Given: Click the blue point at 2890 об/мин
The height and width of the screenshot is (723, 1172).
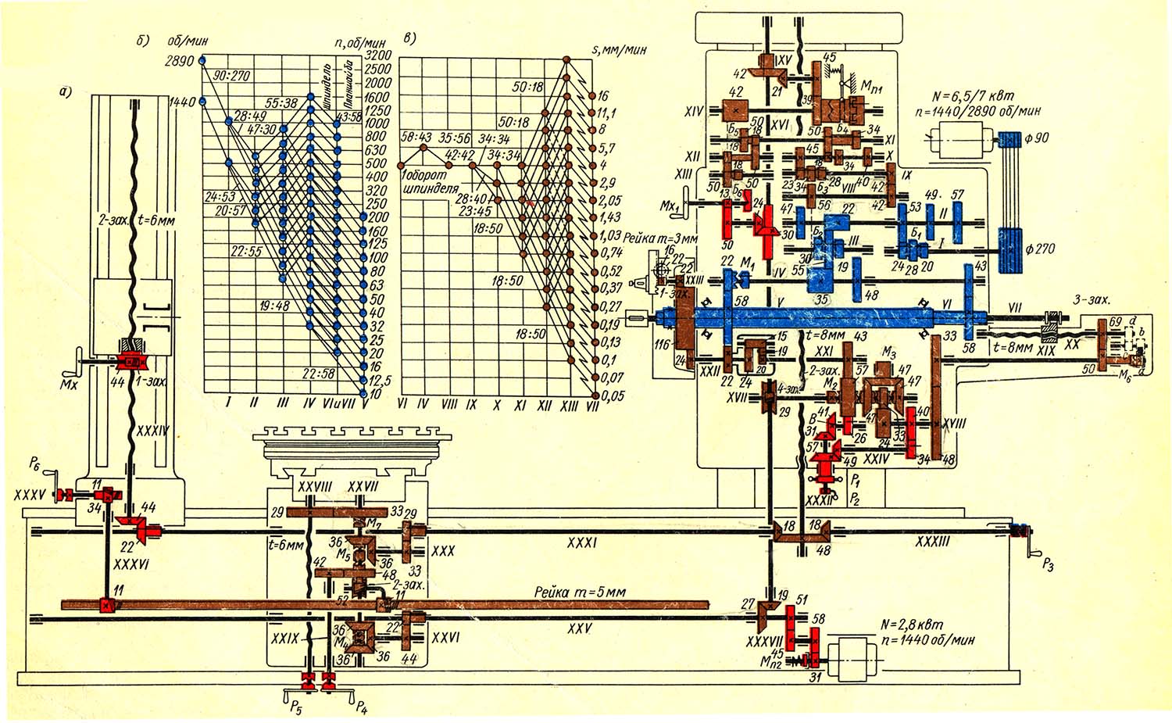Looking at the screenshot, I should click(x=202, y=59).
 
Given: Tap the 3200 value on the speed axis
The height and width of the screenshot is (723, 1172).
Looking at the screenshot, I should click(x=377, y=55).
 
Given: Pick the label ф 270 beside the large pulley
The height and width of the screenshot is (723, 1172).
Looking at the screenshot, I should click(x=1042, y=249).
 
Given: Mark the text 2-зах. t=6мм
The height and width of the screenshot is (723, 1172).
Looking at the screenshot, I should click(x=141, y=220).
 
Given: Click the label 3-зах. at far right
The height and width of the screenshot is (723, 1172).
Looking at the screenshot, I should click(x=1087, y=299).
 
